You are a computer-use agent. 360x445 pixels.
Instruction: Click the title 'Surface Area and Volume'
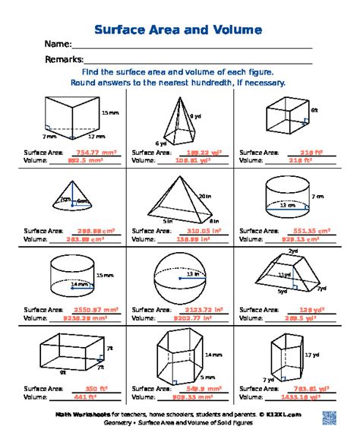pos(178,30)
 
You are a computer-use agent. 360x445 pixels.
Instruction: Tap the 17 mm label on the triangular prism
pos(96,137)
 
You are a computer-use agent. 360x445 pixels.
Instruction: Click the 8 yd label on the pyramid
pos(195,116)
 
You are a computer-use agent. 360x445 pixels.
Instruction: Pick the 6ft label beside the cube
pos(314,110)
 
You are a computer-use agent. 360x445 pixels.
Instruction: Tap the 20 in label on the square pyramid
pos(204,197)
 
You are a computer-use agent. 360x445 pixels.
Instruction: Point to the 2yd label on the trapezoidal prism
pos(292,251)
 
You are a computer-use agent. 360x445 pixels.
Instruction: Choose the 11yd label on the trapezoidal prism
pos(284,274)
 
